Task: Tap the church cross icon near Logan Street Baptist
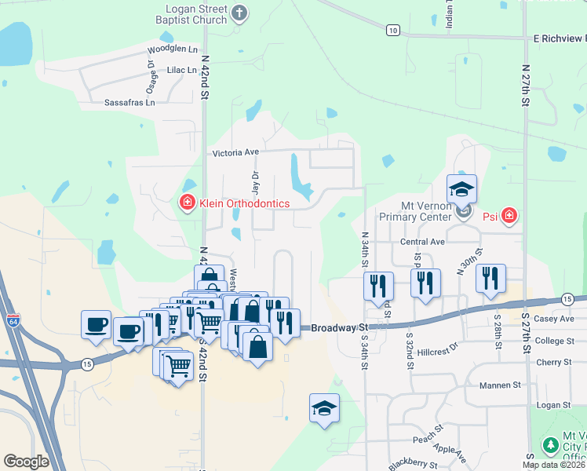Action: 240,13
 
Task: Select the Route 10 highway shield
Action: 392,30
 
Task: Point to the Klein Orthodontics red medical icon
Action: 188,203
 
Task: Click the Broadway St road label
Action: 339,327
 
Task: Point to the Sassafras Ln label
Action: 129,102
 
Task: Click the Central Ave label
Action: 422,242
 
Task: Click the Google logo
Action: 26,461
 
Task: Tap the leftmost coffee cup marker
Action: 97,323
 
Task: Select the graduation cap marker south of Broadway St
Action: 324,407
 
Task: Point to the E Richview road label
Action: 560,38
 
